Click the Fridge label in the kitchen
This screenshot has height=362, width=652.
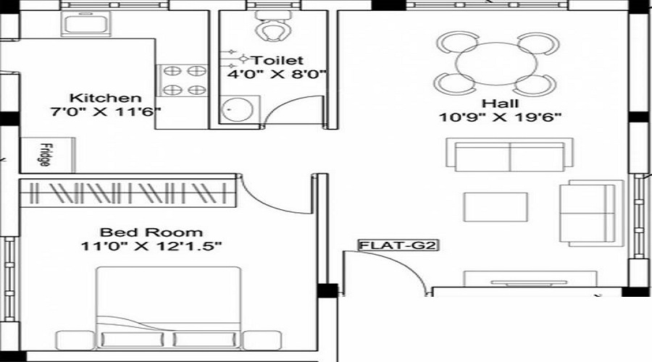[x=44, y=154]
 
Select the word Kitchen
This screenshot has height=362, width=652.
[x=105, y=98]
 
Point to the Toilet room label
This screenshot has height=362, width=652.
[x=276, y=60]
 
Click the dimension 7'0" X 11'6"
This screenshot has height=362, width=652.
[x=105, y=112]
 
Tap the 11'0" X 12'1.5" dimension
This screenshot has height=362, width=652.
[x=151, y=247]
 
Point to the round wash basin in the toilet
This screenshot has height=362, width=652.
[x=233, y=110]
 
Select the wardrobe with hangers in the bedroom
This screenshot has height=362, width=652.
[x=127, y=194]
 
